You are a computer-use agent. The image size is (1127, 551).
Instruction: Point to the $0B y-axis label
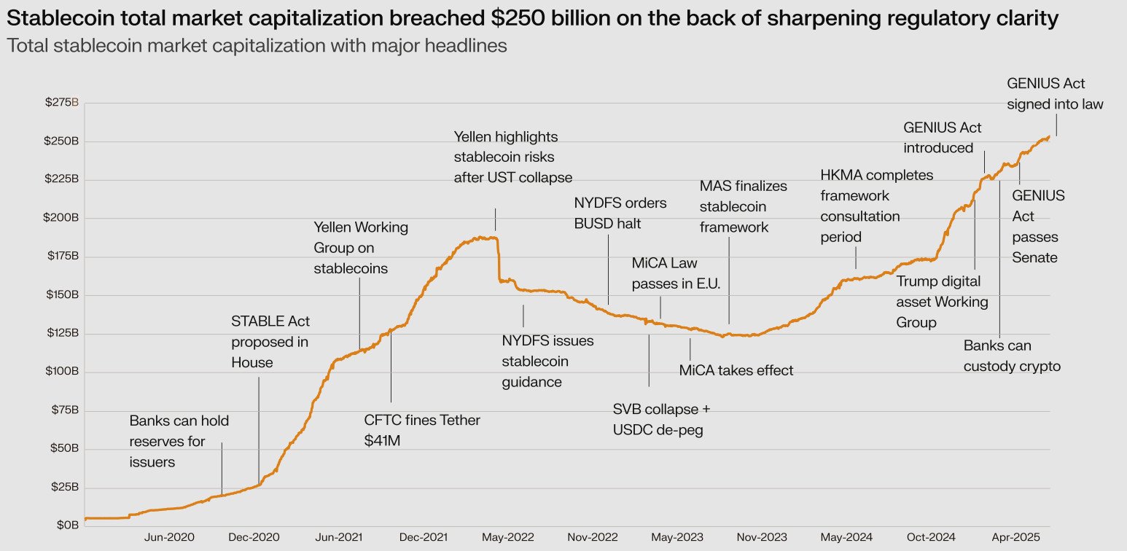(67, 525)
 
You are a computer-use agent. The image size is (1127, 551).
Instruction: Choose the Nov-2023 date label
(763, 537)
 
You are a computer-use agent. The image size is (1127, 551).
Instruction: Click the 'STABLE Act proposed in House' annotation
(270, 342)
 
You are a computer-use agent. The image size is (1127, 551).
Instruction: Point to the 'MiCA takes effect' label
(736, 370)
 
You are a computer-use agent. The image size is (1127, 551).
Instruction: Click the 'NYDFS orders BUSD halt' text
(620, 214)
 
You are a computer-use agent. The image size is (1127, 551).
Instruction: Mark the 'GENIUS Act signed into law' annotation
(1055, 94)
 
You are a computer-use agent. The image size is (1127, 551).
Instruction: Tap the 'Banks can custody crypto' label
(1012, 356)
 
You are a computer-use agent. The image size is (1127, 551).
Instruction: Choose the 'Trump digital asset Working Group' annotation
(942, 302)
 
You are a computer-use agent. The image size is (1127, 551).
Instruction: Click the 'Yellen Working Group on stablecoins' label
(361, 248)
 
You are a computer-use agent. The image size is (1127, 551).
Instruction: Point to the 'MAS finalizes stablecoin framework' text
(743, 206)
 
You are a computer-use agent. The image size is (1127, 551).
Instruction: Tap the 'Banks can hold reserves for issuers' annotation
(179, 441)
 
